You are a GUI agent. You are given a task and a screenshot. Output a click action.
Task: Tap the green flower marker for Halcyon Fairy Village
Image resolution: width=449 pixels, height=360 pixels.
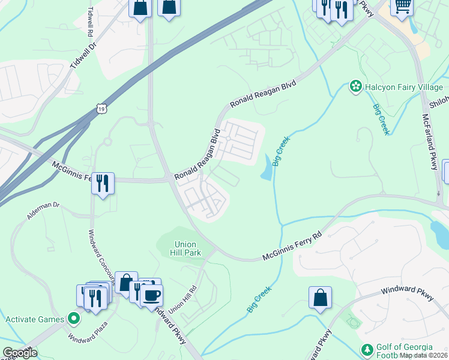355,87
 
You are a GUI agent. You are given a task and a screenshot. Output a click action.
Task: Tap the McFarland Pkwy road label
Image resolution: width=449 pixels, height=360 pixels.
430,142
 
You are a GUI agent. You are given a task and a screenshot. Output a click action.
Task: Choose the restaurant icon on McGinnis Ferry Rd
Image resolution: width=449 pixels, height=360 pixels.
103,182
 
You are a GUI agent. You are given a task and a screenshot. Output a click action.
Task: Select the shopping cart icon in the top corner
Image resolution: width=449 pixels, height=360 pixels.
402,6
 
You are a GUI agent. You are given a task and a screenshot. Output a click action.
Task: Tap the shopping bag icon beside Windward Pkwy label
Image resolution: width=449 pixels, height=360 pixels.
321,297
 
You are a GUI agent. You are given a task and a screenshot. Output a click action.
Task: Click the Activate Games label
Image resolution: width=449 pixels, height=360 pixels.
34,319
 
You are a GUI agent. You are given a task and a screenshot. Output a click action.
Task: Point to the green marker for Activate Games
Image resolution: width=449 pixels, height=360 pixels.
73,319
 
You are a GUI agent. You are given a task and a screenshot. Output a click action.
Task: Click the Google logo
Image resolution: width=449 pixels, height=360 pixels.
19,353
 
